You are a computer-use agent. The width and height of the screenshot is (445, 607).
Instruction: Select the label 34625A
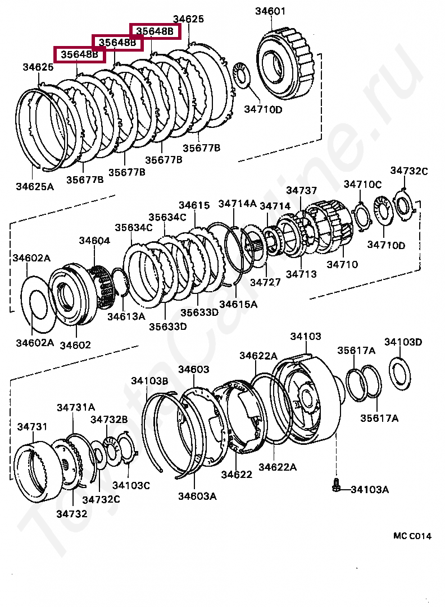[x=35, y=186]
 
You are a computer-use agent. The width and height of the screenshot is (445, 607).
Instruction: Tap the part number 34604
[x=94, y=241]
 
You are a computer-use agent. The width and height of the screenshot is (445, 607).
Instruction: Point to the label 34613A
[x=126, y=316]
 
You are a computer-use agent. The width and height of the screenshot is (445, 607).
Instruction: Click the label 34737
[x=302, y=191]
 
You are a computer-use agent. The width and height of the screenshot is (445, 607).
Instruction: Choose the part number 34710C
[x=362, y=184]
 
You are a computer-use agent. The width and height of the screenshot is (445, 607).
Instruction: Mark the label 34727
[x=265, y=282]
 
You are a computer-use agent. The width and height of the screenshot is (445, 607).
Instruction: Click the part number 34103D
[x=403, y=342]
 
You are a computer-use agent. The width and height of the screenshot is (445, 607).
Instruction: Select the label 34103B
[x=149, y=381]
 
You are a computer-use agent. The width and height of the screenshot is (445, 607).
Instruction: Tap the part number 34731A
[x=76, y=407]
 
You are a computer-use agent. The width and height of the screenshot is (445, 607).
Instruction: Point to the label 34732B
[x=109, y=419]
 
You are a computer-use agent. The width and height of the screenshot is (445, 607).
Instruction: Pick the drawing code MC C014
[x=412, y=536]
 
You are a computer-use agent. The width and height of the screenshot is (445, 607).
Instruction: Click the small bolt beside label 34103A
[x=335, y=485]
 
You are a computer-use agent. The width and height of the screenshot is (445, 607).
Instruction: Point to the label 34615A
[x=238, y=304]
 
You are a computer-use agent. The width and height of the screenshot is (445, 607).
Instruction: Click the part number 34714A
[x=237, y=204]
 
